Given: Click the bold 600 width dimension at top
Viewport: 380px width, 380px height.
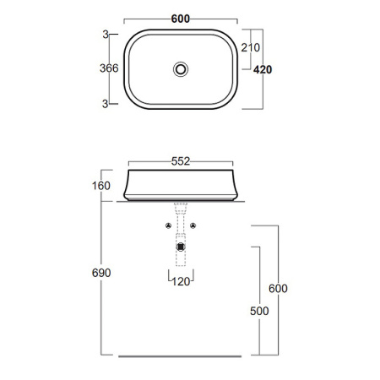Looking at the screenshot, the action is click(x=181, y=19).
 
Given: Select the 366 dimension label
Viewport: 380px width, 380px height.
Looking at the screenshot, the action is click(x=109, y=68).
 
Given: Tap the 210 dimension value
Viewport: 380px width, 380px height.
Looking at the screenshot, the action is click(x=250, y=47).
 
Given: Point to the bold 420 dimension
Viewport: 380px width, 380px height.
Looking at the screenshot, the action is click(x=263, y=69).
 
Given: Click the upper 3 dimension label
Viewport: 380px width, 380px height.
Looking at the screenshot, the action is click(x=106, y=35).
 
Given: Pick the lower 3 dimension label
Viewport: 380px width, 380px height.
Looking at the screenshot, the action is click(x=105, y=104).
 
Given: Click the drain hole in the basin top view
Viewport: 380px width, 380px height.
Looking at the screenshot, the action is click(x=181, y=69).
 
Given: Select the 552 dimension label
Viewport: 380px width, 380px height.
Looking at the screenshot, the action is click(x=181, y=161).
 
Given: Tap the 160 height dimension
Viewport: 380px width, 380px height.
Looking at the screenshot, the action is click(x=101, y=186).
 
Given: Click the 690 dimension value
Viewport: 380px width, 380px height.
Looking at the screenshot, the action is click(x=101, y=273).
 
